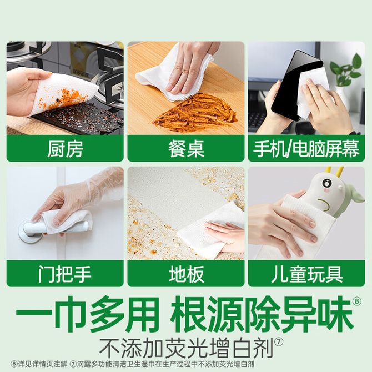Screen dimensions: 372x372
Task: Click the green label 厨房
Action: coord(65,149)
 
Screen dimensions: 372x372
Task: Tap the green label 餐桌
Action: coord(186,149)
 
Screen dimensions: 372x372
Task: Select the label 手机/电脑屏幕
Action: coord(306,149)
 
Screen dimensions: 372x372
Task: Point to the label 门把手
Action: coord(65,274)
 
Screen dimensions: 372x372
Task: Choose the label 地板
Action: coord(187,274)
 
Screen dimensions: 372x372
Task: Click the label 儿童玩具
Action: coord(307,274)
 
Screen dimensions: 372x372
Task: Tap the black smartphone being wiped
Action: coord(297,86)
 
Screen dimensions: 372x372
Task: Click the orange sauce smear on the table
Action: coord(194,110)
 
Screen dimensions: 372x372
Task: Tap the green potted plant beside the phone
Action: coord(347,71)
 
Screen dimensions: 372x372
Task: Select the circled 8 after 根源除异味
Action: coord(356,301)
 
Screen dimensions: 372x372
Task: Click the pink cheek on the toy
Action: coord(326,190)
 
